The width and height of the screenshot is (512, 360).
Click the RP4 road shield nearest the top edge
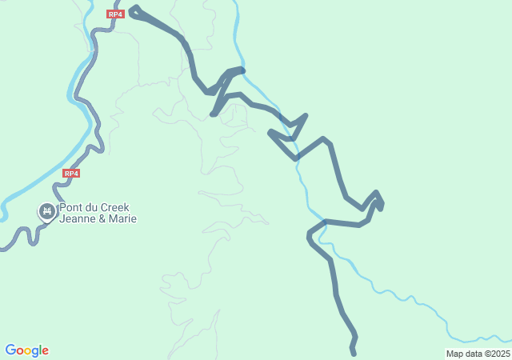[116, 14]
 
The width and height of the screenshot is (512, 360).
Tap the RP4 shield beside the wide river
[71, 173]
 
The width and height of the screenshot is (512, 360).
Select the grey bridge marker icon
[46, 211]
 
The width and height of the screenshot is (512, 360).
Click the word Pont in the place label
[71, 207]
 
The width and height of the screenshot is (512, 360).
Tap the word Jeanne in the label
[78, 218]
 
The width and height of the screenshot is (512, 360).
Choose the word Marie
[122, 218]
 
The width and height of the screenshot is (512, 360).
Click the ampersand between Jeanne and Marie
[102, 218]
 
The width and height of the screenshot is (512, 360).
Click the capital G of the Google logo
[10, 350]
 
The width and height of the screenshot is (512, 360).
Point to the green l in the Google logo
[41, 350]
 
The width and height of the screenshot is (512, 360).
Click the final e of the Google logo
[46, 351]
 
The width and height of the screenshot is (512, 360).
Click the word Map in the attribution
[454, 354]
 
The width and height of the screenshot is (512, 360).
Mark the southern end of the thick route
[353, 353]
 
